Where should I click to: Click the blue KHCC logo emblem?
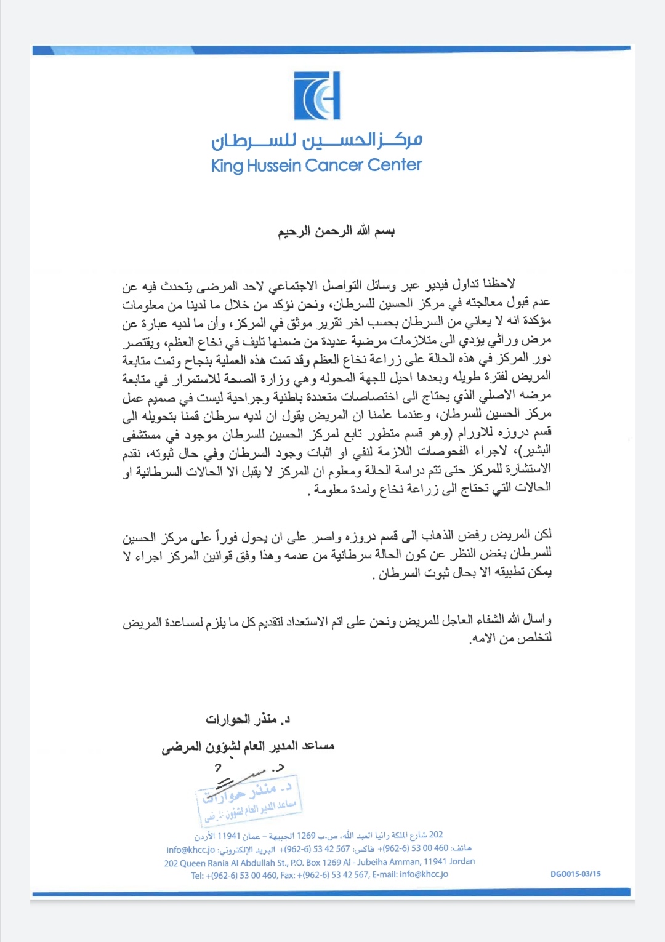click(x=317, y=95)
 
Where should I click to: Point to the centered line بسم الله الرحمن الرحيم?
click(x=336, y=231)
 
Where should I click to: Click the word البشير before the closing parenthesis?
click(x=537, y=450)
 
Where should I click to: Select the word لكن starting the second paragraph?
click(x=542, y=534)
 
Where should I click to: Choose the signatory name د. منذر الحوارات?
click(x=248, y=719)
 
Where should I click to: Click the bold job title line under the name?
click(x=248, y=746)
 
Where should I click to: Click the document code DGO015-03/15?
click(x=575, y=874)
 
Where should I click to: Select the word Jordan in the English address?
click(x=462, y=861)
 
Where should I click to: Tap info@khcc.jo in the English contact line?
click(x=424, y=874)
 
